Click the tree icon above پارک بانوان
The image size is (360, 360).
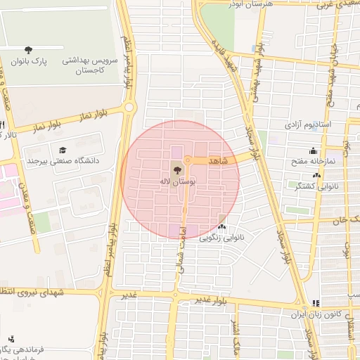coord(28,50)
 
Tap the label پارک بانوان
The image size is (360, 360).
coord(29,61)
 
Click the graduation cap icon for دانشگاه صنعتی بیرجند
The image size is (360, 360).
coord(63,150)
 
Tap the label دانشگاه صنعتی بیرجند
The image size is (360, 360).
coord(64,161)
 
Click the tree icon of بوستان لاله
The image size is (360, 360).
coord(176,169)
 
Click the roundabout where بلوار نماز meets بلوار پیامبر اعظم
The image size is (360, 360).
coord(129,107)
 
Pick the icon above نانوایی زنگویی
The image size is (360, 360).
coord(222,227)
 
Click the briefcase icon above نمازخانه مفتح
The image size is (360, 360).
coord(314,150)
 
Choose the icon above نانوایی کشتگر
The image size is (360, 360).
coord(316,176)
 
